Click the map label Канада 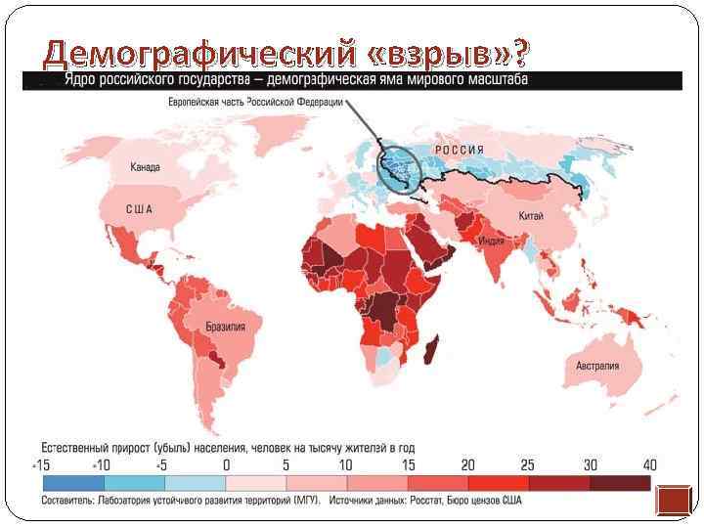point(146,167)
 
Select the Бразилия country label point(225,327)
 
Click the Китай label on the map point(532,215)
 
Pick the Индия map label point(491,241)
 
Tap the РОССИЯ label point(460,150)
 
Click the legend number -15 point(41,464)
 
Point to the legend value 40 point(649,464)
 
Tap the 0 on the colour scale point(226,464)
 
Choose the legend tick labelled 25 point(528,464)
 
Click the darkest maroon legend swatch point(620,483)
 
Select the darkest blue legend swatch point(72,483)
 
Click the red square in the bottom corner point(674,502)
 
